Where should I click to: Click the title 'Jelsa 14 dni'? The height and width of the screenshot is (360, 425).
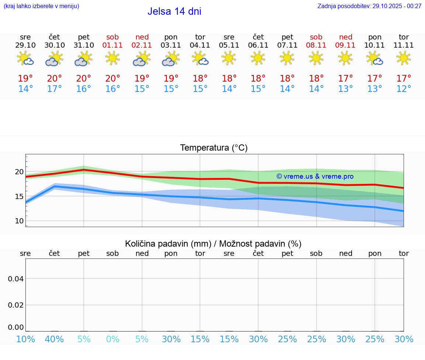(174, 11)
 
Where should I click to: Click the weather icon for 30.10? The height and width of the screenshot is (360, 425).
(54, 58)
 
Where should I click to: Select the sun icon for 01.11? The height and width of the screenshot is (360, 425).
(113, 58)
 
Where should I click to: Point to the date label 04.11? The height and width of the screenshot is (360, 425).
(200, 45)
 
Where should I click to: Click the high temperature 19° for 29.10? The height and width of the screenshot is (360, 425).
(25, 78)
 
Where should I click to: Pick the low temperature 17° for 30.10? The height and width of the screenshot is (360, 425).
(54, 89)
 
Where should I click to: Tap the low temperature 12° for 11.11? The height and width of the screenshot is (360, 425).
(404, 89)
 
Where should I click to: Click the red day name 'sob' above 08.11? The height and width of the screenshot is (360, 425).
(316, 37)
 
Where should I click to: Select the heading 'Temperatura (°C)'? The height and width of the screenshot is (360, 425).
(214, 148)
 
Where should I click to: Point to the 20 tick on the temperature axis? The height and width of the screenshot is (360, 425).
(19, 172)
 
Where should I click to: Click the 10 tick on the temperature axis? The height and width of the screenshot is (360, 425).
(19, 221)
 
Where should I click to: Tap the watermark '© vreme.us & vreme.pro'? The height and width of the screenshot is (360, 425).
(315, 176)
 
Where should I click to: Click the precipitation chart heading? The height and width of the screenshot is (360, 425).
(213, 244)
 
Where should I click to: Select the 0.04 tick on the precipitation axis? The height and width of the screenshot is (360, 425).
(16, 279)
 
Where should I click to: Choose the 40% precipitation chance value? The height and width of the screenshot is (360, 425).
(54, 339)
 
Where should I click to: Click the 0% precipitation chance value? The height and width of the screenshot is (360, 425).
(113, 339)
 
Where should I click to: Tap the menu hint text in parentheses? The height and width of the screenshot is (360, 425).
(41, 6)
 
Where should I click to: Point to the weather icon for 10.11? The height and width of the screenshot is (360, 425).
(374, 58)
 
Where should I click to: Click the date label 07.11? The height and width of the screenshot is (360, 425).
(287, 45)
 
